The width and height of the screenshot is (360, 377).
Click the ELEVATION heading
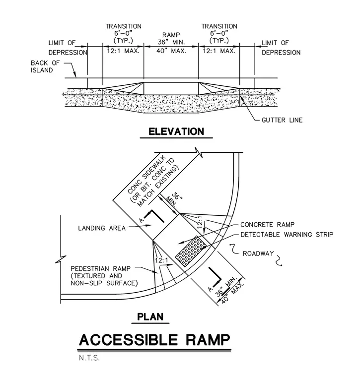(176, 132)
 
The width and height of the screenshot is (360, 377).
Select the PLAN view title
(150, 316)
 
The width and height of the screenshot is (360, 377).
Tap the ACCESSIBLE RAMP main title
(154, 340)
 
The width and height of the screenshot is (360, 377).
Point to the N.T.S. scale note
(89, 358)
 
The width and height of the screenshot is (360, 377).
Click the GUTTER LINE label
(282, 120)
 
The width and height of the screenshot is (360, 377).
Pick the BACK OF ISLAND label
(45, 66)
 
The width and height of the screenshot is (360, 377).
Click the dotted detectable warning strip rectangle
(191, 251)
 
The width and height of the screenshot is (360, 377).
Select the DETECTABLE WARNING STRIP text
(287, 235)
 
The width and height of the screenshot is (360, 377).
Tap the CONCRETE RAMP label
(267, 225)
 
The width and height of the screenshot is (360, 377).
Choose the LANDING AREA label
(102, 228)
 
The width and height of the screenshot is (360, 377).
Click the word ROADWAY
(258, 253)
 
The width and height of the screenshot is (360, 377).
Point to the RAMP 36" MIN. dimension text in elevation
(171, 39)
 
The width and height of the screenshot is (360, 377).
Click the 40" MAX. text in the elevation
(171, 51)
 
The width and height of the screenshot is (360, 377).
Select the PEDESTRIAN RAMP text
(101, 268)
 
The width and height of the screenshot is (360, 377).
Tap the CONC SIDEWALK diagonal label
(147, 175)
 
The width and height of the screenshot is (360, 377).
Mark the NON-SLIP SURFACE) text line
(104, 283)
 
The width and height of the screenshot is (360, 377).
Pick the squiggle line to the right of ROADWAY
(279, 260)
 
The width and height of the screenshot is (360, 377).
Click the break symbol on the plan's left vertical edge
(61, 259)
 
